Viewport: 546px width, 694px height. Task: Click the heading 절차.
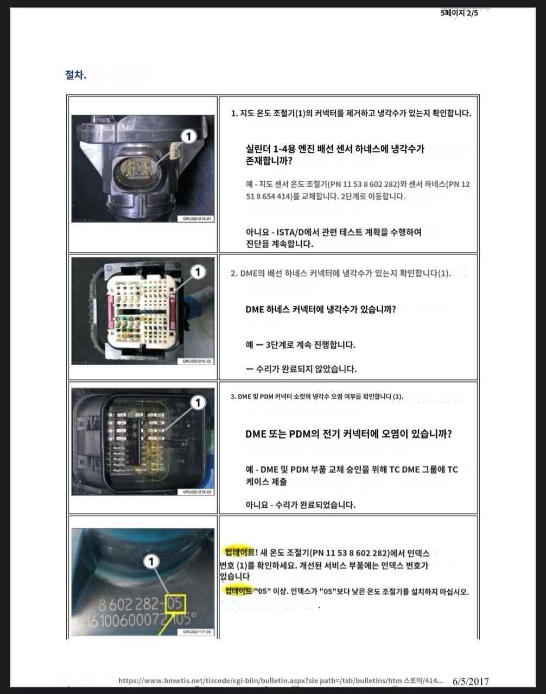[x=75, y=75]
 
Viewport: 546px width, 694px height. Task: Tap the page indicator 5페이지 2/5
[x=459, y=13]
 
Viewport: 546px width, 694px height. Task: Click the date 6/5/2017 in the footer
[x=471, y=681]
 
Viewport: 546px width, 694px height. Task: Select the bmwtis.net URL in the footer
[x=281, y=681]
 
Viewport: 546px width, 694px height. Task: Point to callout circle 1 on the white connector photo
[x=198, y=272]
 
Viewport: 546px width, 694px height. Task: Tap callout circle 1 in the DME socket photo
[x=198, y=403]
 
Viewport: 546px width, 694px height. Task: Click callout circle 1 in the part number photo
[x=151, y=562]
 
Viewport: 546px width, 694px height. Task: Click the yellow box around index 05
[x=175, y=604]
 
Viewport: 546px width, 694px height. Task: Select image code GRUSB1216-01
[x=196, y=219]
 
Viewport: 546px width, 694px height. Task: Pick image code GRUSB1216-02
[x=196, y=361]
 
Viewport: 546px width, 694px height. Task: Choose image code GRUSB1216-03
[x=196, y=492]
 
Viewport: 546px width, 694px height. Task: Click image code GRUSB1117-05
[x=196, y=632]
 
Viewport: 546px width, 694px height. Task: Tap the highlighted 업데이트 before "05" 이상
[x=238, y=591]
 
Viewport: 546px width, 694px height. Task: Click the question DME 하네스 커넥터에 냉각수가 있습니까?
[x=320, y=309]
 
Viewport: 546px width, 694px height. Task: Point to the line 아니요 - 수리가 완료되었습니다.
[x=301, y=505]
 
